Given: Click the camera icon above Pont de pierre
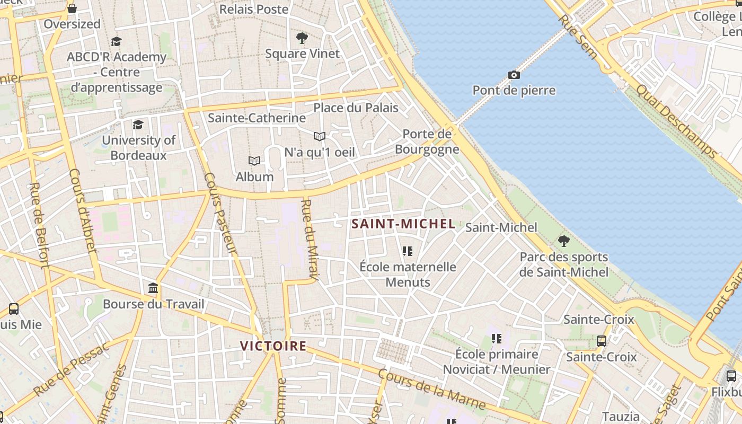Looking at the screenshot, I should coord(514,75).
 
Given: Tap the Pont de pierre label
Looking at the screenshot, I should coord(514,90).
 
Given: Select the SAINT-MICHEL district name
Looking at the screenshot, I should coord(403,224).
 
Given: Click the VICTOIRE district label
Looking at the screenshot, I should coord(273,346).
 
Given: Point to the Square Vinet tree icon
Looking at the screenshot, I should coord(302,38).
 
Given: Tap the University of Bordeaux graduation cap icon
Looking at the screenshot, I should coord(138,125).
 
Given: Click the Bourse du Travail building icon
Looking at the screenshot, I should coord(153,288).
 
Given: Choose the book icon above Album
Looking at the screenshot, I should coord(254,161).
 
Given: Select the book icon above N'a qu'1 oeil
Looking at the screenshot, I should coord(319,137).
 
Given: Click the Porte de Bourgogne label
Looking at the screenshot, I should coord(427,142).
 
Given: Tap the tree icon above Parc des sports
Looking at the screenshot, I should coord(564,241).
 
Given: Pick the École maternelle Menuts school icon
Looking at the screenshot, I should coord(407,251).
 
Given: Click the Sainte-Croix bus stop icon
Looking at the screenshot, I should coord(601,341).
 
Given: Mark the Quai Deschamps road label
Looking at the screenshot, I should coord(676,121).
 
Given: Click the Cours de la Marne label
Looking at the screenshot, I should coord(431,390).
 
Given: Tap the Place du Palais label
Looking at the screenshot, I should coord(356,108).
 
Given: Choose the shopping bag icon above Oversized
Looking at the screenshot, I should coord(72,8).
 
